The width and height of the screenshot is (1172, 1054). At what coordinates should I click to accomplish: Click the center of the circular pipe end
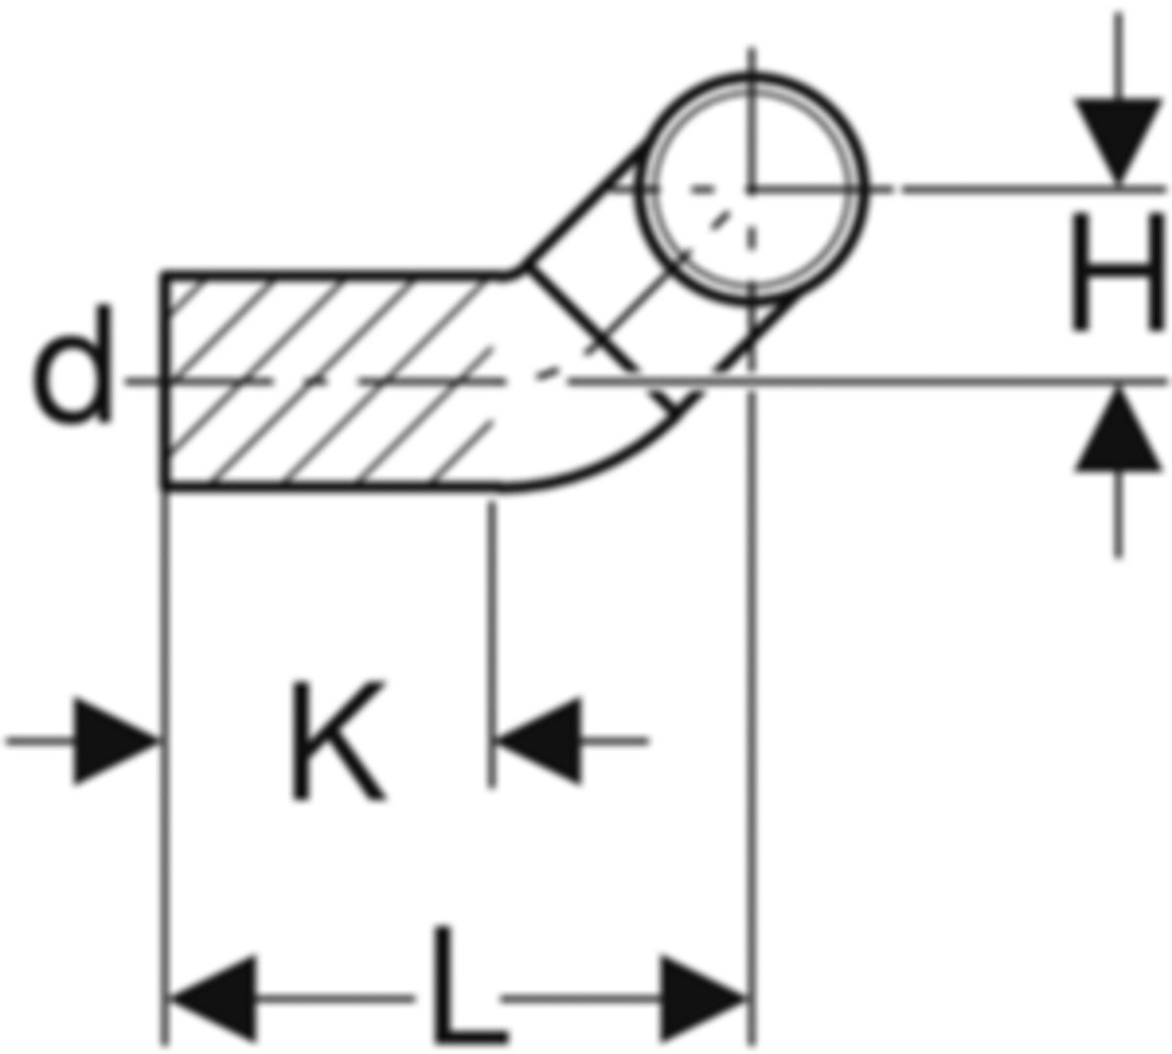click(x=752, y=189)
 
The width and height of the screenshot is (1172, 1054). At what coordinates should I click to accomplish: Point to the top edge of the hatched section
click(x=332, y=276)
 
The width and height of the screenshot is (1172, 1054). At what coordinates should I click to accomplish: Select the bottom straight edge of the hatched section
click(x=332, y=485)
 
